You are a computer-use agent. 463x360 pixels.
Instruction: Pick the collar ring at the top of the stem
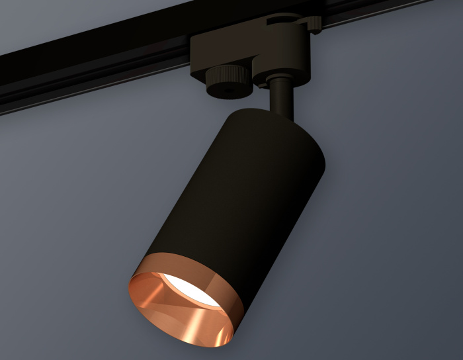(x=278, y=81)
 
